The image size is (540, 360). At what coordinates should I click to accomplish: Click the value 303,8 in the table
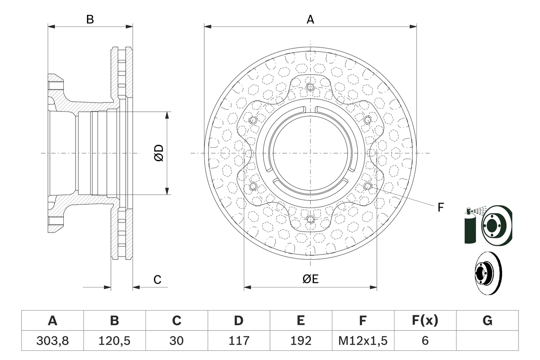point(52,341)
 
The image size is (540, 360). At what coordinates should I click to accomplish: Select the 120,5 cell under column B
point(114,341)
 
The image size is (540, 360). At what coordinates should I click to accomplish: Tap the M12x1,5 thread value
point(363,341)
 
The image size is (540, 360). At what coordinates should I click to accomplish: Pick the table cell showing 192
point(301,341)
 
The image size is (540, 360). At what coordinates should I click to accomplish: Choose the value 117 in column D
point(239,341)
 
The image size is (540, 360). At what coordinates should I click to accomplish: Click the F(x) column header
point(425,321)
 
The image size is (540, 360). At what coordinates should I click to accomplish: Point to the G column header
point(487,321)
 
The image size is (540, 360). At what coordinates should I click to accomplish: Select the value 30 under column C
point(176,341)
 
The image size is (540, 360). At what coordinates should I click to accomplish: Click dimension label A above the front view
point(310,19)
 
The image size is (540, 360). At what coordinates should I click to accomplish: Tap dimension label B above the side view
point(90,19)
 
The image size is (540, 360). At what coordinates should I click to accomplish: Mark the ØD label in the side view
point(159,153)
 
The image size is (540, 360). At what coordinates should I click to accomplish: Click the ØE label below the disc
point(310,279)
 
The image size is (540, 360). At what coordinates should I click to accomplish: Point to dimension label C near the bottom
point(157,279)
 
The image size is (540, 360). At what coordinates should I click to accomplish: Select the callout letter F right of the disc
point(440,207)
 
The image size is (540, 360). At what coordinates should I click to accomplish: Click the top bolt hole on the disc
point(310,87)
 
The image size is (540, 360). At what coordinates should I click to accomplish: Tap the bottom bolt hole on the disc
point(310,219)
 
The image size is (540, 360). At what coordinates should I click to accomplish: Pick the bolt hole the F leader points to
point(367,186)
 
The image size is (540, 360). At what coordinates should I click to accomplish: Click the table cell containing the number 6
point(425,341)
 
